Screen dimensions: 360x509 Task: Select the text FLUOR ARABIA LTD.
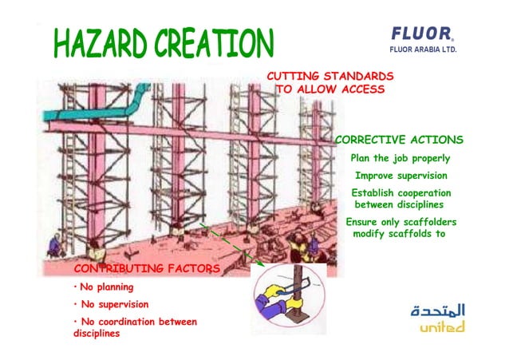[x=422, y=49]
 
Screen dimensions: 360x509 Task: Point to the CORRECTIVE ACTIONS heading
[x=400, y=140]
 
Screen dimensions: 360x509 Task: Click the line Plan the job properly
[x=400, y=158]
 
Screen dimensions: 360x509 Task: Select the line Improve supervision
[x=400, y=176]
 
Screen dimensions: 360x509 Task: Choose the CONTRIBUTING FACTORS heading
[x=146, y=268]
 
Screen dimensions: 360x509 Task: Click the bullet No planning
[x=104, y=287]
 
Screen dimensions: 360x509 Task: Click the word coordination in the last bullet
[x=133, y=322]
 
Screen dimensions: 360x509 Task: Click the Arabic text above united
[x=438, y=310]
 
